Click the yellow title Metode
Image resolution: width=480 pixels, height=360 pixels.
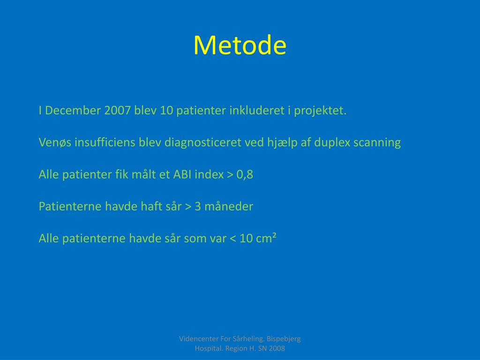tap(240, 45)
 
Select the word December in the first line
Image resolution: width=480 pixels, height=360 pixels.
tap(73, 110)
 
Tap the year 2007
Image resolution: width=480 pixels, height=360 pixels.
tap(118, 110)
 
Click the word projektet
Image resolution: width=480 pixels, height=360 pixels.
tap(320, 111)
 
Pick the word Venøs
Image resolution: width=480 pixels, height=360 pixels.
tap(55, 142)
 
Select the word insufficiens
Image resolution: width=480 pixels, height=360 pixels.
tap(105, 142)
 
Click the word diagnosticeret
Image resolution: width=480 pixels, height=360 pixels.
tap(203, 142)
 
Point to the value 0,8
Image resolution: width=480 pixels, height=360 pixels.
tap(245, 175)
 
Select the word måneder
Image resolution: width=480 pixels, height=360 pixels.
tap(229, 206)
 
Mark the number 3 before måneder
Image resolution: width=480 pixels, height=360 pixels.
tap(198, 207)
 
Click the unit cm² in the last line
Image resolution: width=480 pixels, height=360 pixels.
tap(266, 238)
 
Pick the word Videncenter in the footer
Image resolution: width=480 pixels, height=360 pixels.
tap(199, 339)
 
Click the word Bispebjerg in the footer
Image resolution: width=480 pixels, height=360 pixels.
tap(284, 339)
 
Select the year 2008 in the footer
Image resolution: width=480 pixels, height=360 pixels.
tap(277, 348)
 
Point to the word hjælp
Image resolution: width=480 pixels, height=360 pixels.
tap(282, 143)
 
